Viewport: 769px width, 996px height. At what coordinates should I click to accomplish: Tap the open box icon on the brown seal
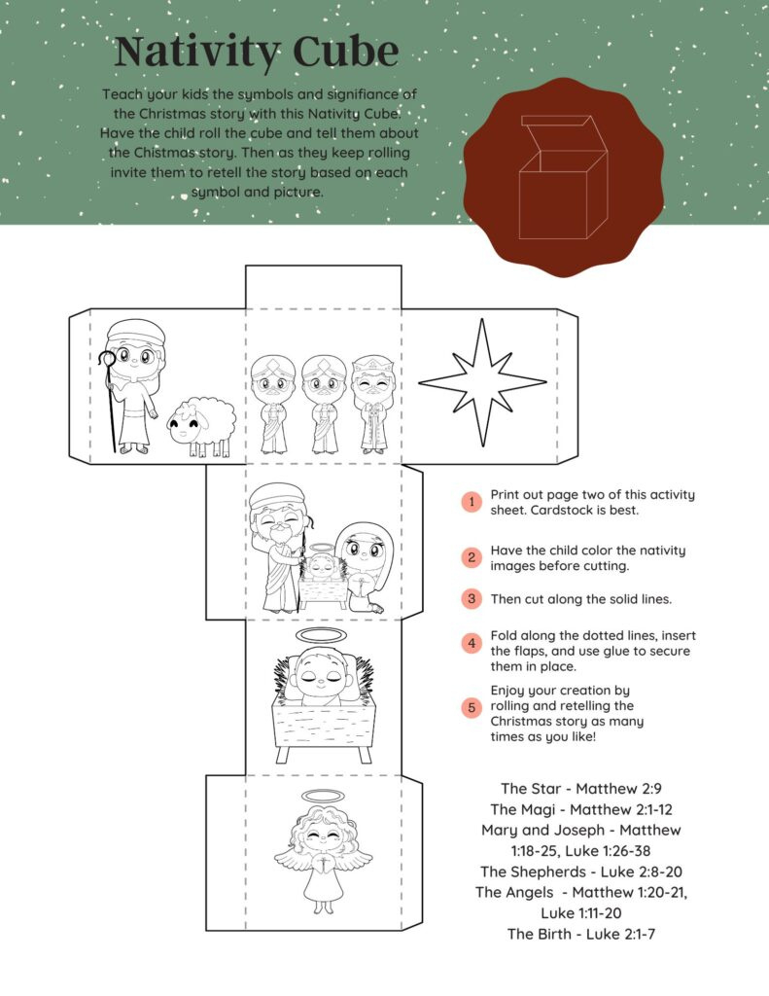pos(562,177)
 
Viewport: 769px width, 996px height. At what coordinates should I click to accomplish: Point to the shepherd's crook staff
pos(112,399)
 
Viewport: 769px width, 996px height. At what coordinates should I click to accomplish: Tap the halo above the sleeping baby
pos(324,635)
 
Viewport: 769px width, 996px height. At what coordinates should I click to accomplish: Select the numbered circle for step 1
pos(472,502)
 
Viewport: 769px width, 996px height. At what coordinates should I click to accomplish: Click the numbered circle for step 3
pos(472,598)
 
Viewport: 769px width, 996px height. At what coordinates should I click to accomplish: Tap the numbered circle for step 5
pos(472,707)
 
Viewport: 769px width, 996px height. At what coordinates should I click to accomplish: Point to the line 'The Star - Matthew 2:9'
pos(568,788)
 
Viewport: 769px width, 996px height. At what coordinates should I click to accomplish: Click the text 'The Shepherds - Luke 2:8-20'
pos(569,871)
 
